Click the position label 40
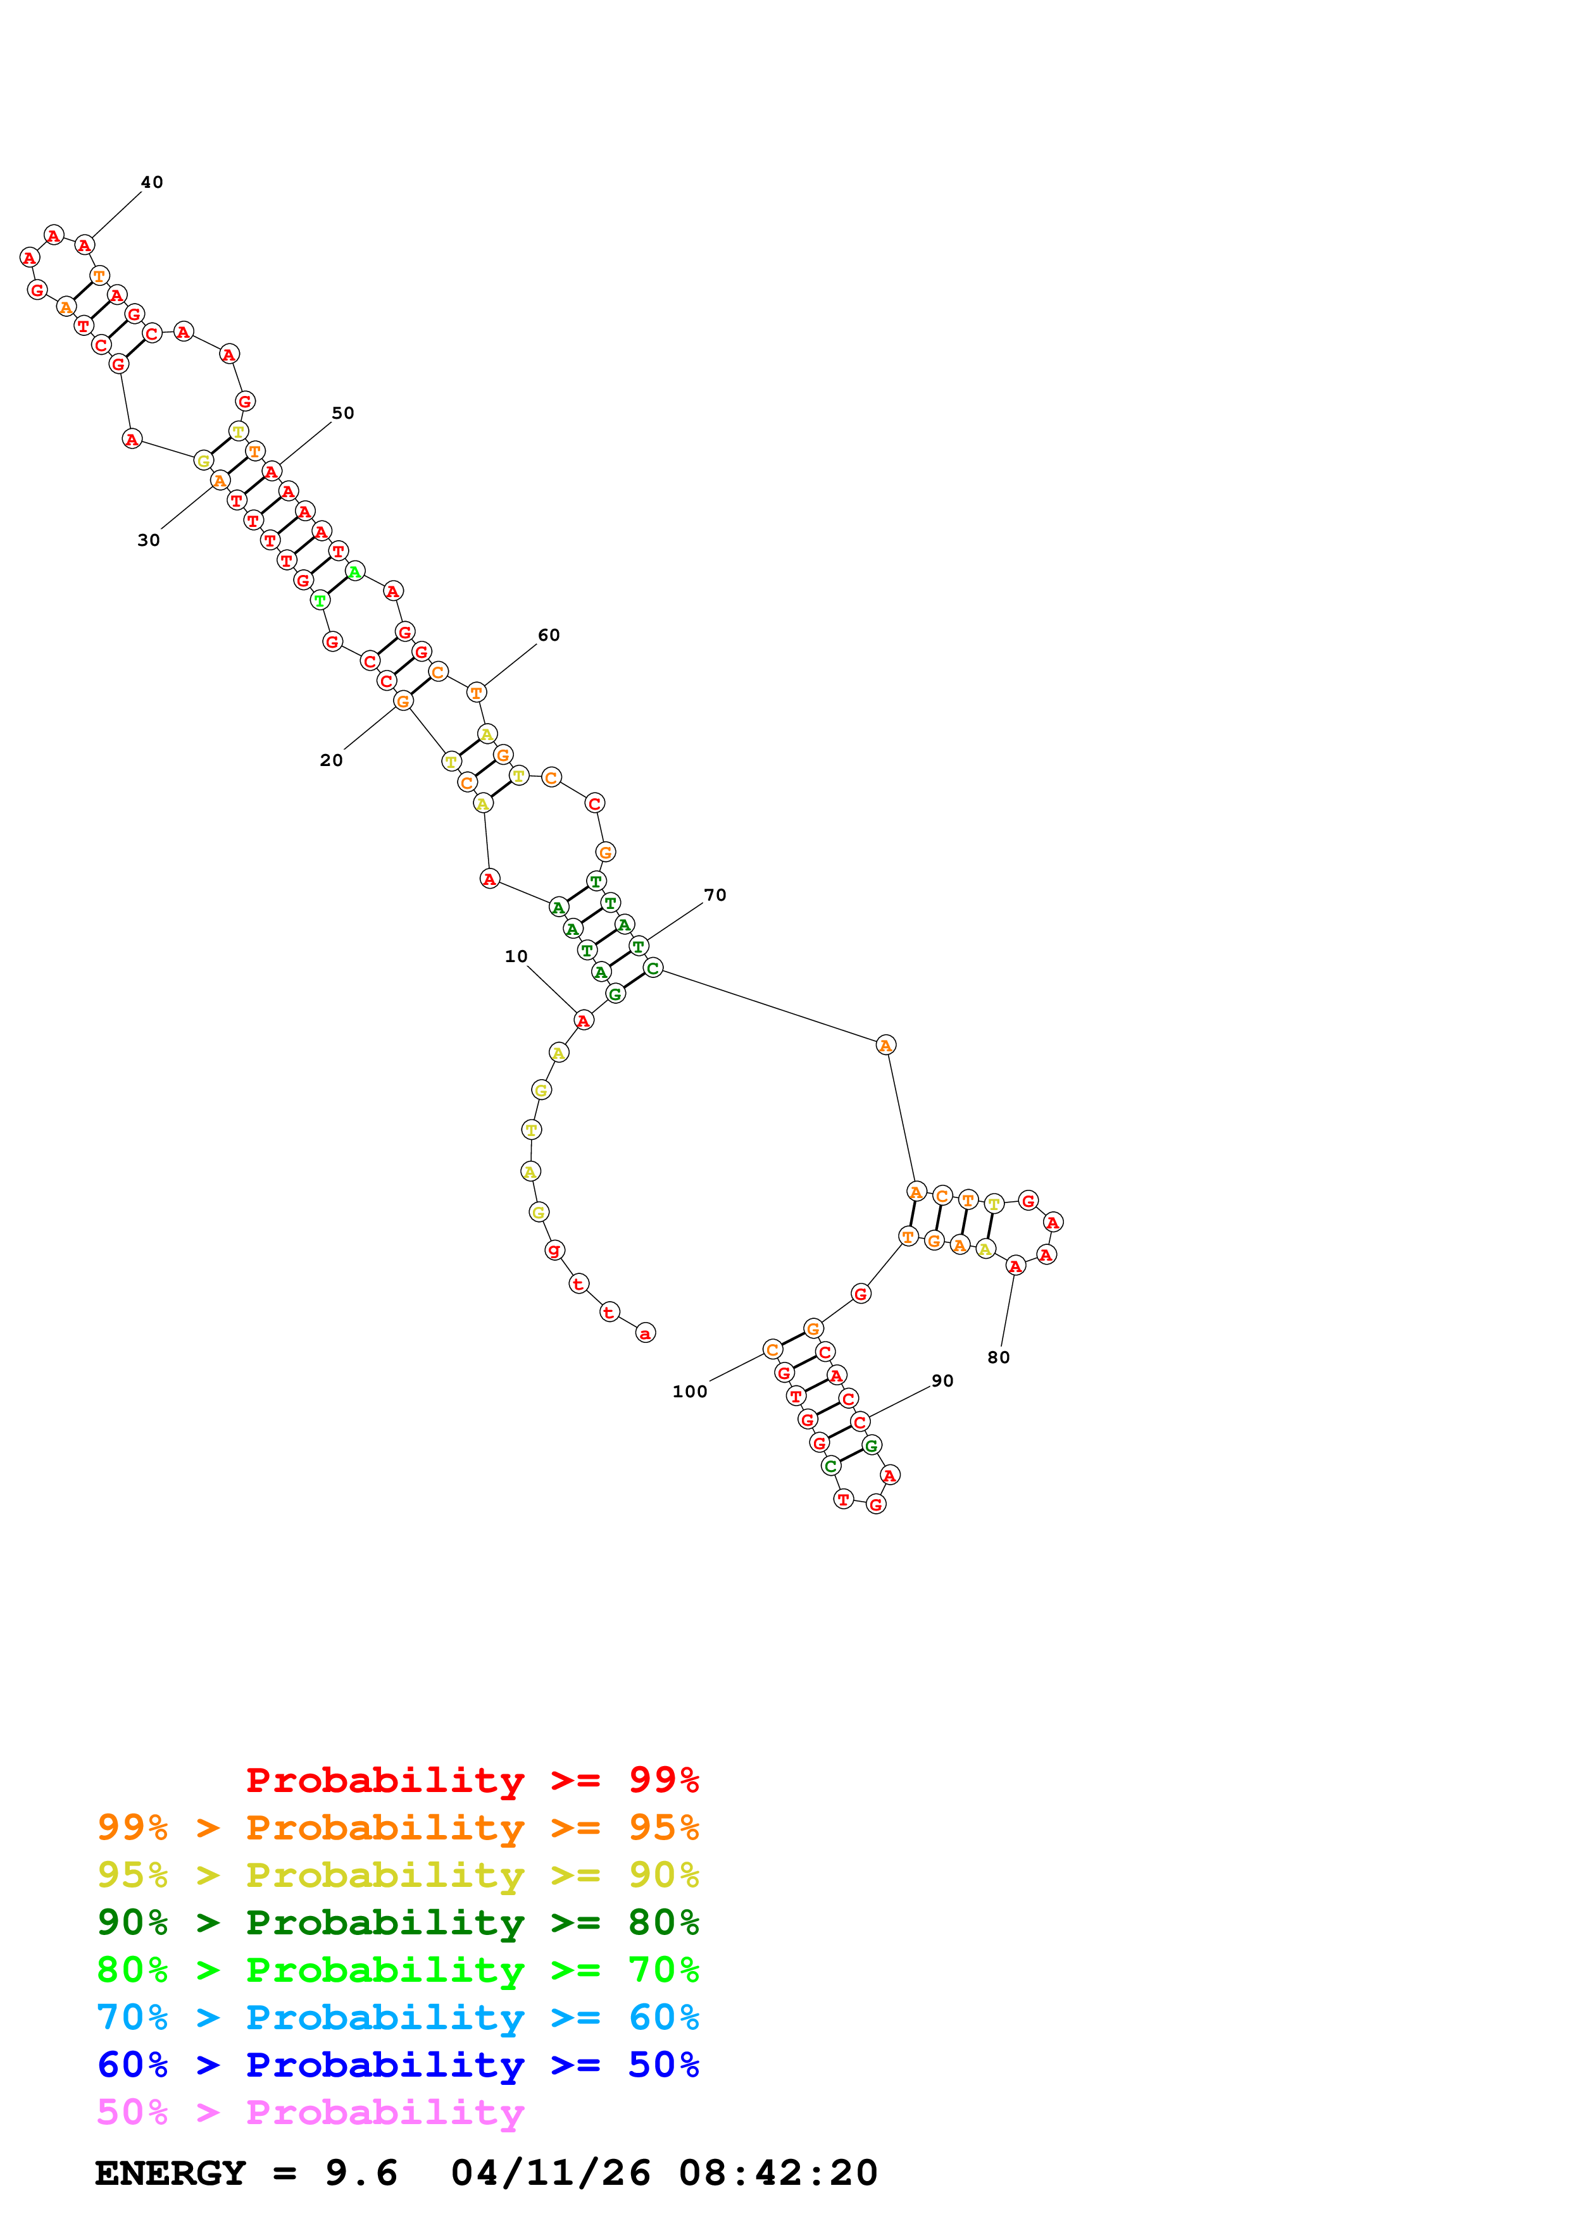152,183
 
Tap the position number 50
343,414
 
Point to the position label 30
148,540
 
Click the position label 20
330,760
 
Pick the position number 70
715,896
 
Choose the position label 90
942,1381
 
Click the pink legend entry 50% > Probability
310,2113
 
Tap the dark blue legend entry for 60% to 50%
397,2065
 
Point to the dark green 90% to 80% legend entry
397,1923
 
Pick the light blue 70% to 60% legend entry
397,2018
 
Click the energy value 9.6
361,2173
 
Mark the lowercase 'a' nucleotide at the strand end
645,1333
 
